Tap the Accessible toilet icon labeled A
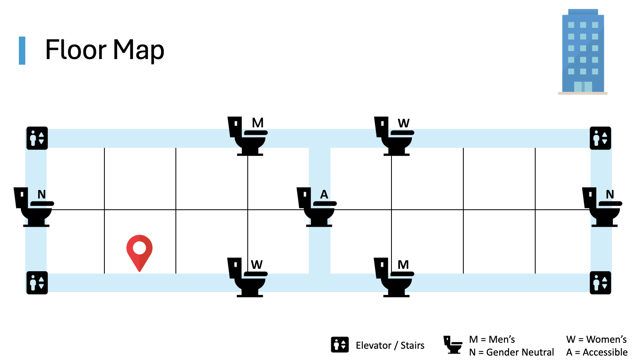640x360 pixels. click(x=317, y=207)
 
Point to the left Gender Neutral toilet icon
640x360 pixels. click(x=34, y=207)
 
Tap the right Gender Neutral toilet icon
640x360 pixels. click(x=602, y=207)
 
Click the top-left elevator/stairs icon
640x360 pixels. click(x=37, y=138)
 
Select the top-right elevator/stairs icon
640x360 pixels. click(x=600, y=138)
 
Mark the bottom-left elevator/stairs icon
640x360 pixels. click(x=37, y=283)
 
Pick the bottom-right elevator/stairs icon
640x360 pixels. click(x=600, y=283)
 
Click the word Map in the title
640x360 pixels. click(x=139, y=50)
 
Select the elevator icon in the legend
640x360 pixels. click(x=340, y=345)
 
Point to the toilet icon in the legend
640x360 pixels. click(x=453, y=345)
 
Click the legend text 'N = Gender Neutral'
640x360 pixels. click(x=511, y=352)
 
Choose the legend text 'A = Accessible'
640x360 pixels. click(x=597, y=352)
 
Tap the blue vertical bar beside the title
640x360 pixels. click(x=22, y=51)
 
